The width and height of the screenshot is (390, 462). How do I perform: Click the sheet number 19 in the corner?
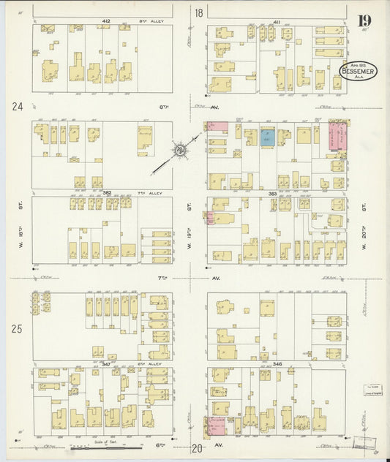364,20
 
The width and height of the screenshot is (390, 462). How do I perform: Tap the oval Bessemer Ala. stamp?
358,70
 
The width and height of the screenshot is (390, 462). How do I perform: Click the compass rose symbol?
179,151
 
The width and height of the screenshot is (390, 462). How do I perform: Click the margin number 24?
18,107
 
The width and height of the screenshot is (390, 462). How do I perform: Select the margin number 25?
18,328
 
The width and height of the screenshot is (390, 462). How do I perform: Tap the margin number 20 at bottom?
197,449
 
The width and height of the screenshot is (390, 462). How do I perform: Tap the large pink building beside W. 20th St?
338,136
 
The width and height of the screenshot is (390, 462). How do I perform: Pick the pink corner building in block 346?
217,425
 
